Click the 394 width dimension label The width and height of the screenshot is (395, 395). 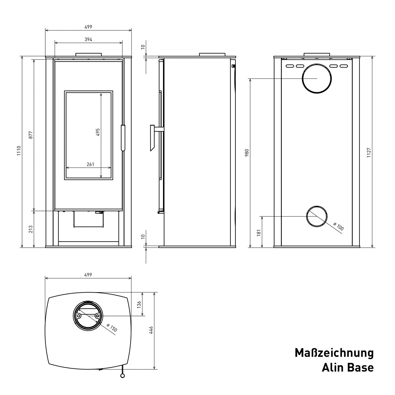88,39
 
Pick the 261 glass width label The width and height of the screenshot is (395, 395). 90,164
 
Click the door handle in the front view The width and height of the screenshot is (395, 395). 123,138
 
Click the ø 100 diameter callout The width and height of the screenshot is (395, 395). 338,226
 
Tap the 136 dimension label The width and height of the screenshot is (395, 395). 139,304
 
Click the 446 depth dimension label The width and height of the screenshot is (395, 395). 151,330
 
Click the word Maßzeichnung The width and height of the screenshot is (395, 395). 334,353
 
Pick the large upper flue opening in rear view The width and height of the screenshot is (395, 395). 317,78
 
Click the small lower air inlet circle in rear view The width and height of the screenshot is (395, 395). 317,216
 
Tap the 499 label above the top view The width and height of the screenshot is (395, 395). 88,275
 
